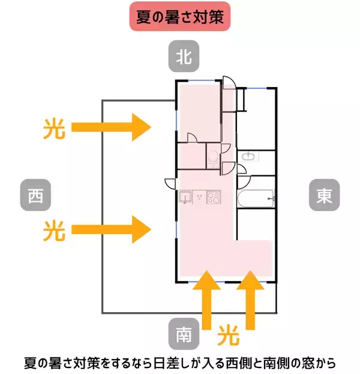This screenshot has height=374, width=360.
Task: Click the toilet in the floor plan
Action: pos(213,157)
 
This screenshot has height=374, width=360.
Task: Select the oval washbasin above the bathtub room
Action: pos(249,157)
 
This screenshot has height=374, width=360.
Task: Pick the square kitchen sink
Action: pos(185,196)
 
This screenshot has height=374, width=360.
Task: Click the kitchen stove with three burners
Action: pos(213,196)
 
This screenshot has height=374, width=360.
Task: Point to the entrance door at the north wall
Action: pos(228,83)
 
